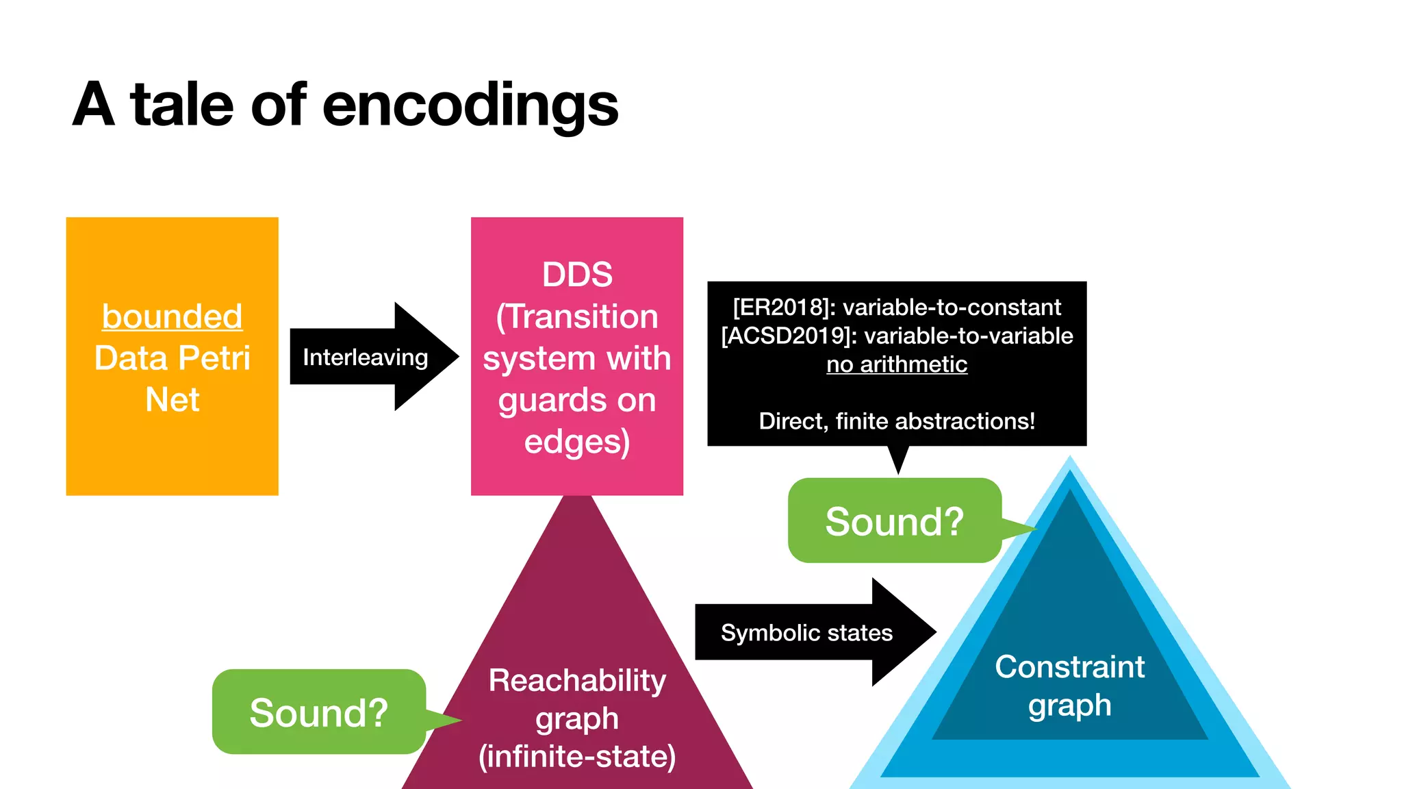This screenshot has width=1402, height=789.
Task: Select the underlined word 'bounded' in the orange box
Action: (173, 316)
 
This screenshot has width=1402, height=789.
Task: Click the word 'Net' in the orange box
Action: (173, 399)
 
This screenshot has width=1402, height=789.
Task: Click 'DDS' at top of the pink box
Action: (577, 275)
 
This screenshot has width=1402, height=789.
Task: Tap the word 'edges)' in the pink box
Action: (577, 442)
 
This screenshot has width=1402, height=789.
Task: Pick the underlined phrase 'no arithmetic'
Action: (897, 364)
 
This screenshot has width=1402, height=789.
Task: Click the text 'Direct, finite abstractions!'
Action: (897, 421)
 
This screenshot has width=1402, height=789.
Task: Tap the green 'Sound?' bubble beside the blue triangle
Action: (894, 521)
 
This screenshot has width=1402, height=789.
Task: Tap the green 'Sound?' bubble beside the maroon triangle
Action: (318, 712)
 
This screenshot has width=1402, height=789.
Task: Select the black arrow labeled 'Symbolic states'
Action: (808, 632)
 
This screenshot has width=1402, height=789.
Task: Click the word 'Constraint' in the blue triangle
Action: (1069, 666)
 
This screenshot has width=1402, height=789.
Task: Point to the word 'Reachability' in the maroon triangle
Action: (577, 680)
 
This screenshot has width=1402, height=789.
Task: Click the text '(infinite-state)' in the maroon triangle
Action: (577, 756)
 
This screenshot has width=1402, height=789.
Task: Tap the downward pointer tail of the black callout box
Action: (898, 459)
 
